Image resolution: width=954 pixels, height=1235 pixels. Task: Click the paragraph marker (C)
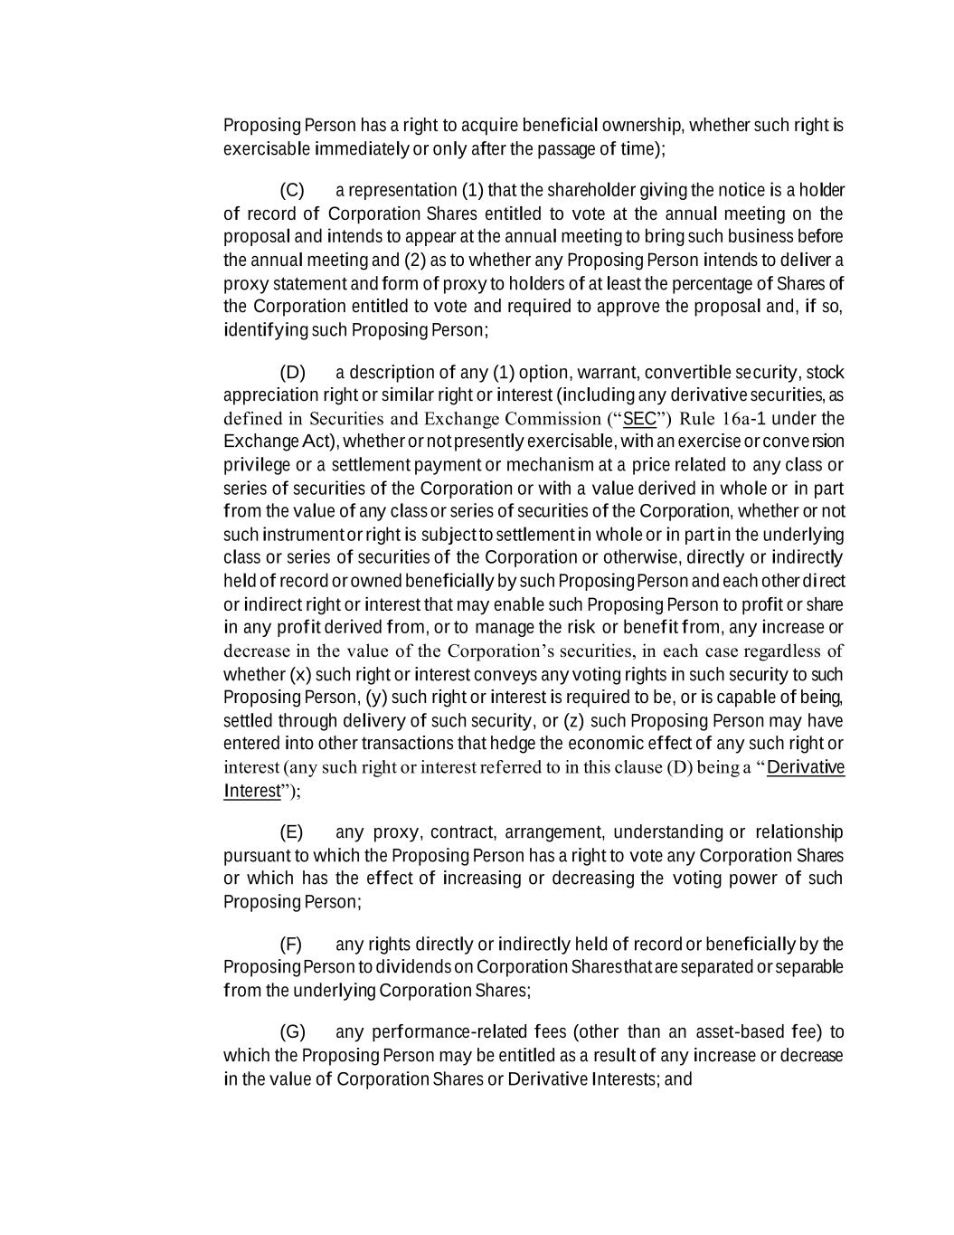pos(292,191)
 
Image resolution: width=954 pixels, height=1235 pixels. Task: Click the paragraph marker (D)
pos(292,373)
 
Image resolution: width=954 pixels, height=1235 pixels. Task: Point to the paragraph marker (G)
pos(293,1032)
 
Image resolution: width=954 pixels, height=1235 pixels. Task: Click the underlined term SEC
pos(639,419)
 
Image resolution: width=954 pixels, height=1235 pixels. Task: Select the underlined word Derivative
pos(806,768)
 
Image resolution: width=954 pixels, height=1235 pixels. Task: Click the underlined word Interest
pos(252,792)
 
